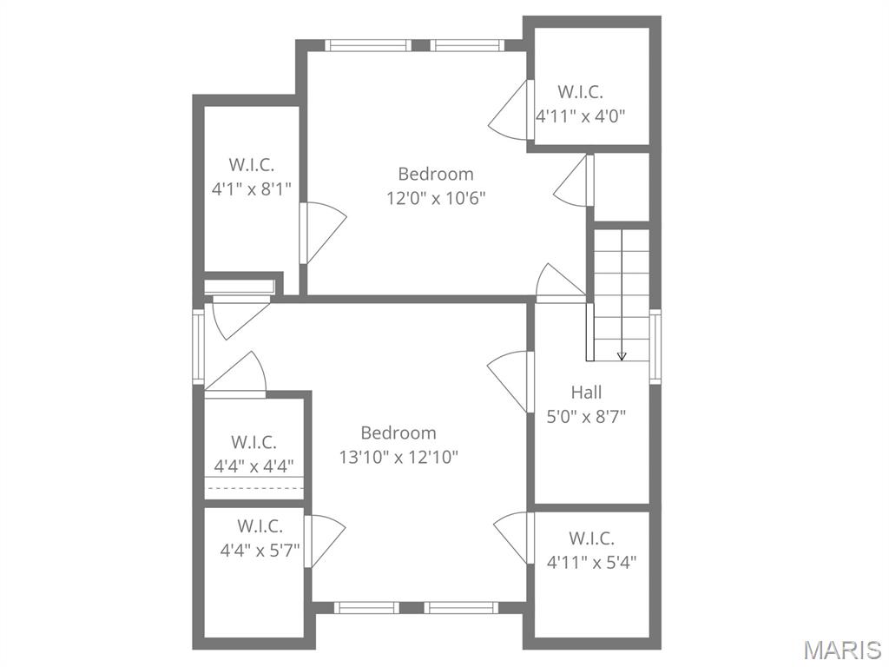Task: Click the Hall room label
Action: point(586,393)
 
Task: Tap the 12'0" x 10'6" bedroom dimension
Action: point(436,197)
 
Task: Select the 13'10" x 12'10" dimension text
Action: point(398,456)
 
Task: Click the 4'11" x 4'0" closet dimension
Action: point(581,115)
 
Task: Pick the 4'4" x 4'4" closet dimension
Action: point(254,466)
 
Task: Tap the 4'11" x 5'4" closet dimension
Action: point(591,561)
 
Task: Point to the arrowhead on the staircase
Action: point(622,355)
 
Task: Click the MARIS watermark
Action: point(841,649)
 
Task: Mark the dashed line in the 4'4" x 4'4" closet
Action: point(254,488)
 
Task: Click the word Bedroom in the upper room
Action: point(436,174)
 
